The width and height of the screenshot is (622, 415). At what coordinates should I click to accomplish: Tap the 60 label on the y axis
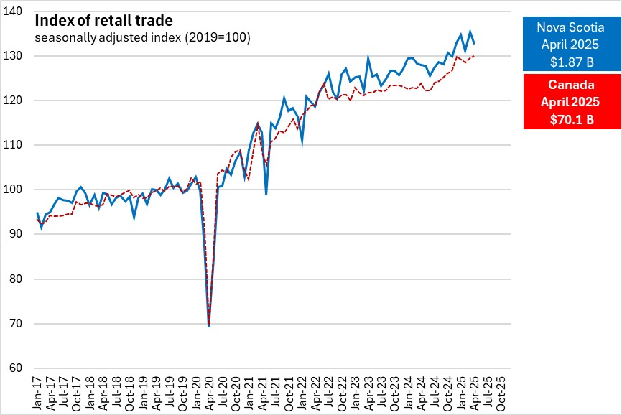coord(20,368)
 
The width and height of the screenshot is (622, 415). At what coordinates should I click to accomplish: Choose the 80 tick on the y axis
coord(20,279)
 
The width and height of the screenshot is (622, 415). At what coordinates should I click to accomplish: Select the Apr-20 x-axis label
coord(208,393)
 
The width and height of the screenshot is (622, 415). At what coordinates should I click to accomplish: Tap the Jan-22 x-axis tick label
coord(302,393)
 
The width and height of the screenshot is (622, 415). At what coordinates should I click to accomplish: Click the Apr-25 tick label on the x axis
coord(474,393)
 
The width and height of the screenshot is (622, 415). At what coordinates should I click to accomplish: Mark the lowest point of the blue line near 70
coord(208,326)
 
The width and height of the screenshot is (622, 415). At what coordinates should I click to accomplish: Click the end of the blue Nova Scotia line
coord(474,45)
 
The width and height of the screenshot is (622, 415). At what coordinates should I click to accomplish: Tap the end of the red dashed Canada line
coord(474,56)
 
